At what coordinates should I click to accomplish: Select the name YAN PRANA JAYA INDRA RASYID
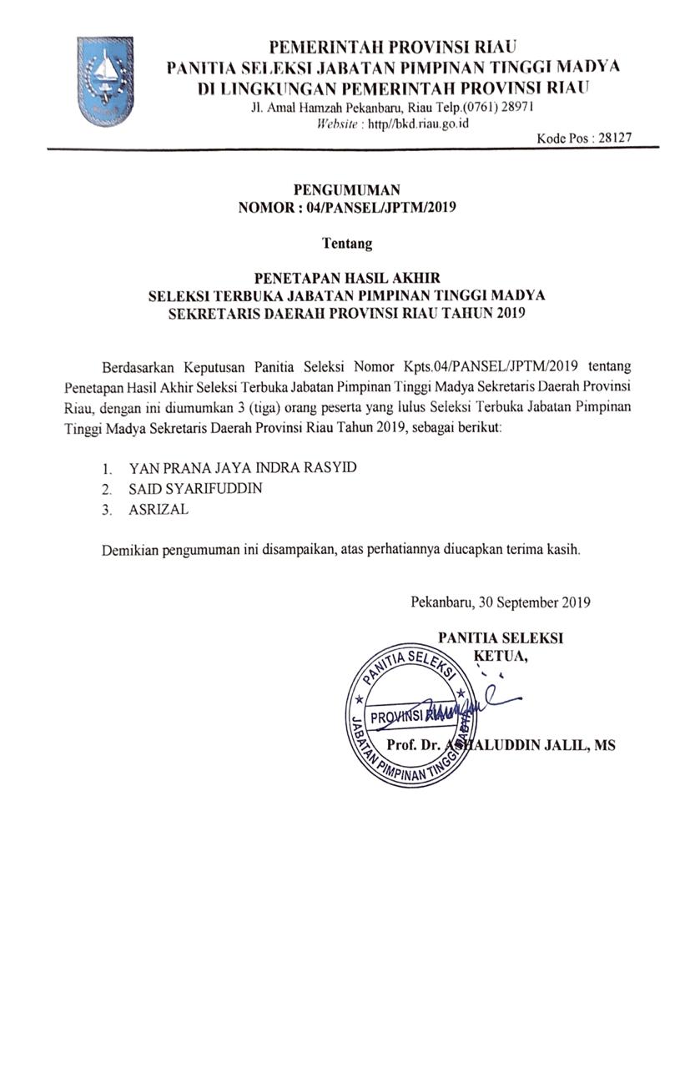tap(242, 467)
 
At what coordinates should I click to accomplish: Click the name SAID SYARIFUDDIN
tap(195, 488)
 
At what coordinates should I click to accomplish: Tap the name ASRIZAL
tap(159, 510)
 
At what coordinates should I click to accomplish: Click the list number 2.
tap(107, 490)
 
